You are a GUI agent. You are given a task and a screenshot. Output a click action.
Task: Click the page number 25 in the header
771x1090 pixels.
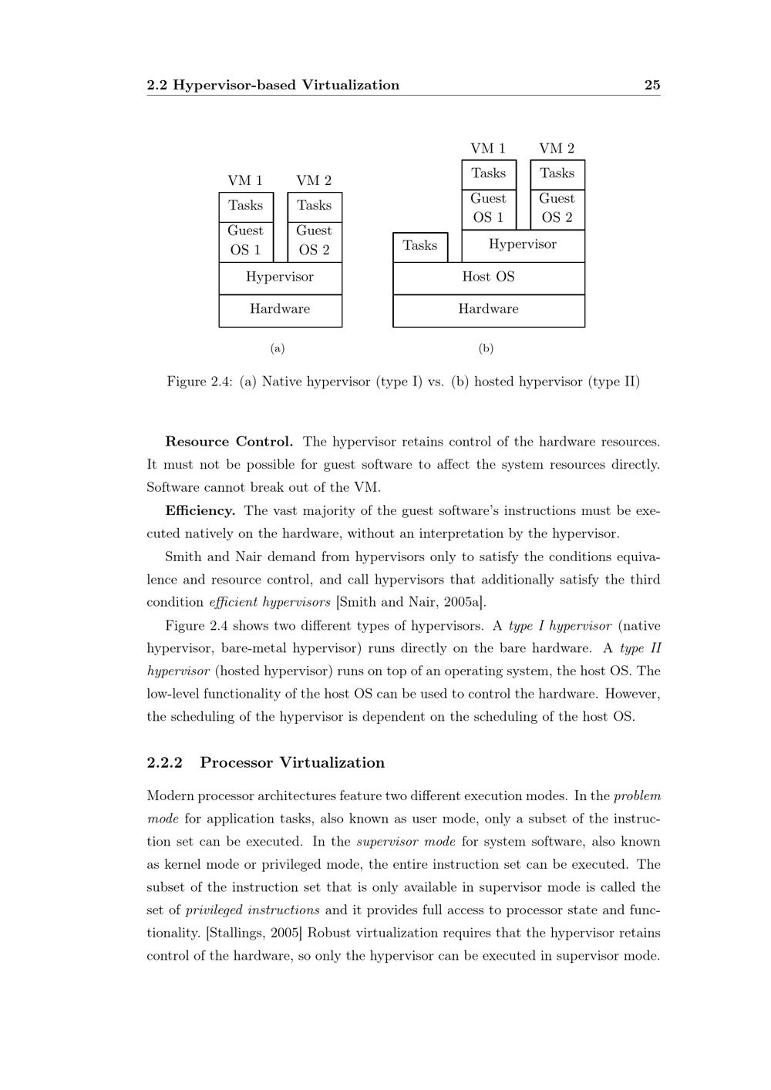(652, 85)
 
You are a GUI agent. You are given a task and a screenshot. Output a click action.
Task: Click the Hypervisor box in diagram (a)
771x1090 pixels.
(280, 278)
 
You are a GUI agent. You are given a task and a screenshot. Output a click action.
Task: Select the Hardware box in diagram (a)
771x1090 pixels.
(280, 310)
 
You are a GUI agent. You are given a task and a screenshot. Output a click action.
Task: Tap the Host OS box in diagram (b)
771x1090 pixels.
(488, 278)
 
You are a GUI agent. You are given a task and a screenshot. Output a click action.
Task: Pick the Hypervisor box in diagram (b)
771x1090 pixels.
(523, 245)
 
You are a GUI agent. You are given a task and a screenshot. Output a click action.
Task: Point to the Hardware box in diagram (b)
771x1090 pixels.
(488, 310)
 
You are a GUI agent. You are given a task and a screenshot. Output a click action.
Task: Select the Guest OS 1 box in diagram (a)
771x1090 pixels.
(246, 241)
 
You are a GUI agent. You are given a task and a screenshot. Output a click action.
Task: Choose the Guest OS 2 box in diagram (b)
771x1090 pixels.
(557, 208)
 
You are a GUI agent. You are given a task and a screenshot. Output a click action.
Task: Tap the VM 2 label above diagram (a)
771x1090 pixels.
(314, 180)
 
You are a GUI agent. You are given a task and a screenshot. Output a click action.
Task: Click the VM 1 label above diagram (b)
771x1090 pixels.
(488, 148)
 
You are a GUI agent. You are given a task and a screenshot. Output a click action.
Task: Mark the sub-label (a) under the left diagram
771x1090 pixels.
(278, 348)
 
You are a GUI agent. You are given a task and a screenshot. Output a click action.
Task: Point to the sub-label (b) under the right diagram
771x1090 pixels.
(486, 348)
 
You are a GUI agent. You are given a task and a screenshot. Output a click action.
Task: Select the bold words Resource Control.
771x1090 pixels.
(229, 442)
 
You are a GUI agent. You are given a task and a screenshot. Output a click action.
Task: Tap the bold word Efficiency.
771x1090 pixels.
(200, 510)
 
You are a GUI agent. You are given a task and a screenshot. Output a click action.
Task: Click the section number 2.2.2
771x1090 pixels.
(164, 763)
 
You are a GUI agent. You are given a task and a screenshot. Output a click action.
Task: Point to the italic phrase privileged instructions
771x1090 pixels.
(252, 910)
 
